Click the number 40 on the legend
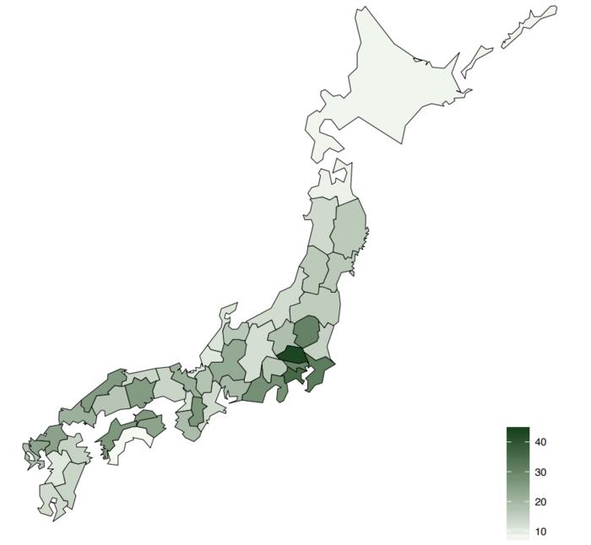[x=541, y=442]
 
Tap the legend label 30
[x=541, y=472]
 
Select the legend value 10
[x=541, y=532]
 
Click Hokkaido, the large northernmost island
[x=388, y=84]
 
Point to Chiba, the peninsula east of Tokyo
[x=322, y=372]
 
